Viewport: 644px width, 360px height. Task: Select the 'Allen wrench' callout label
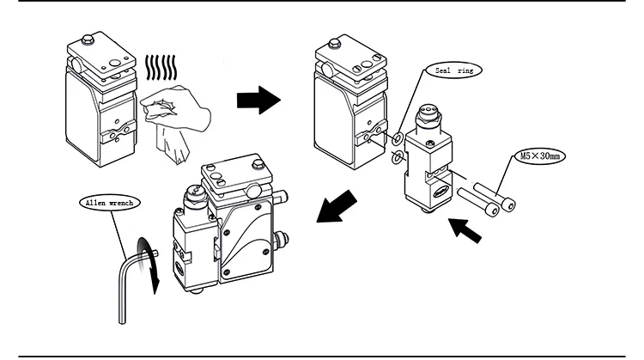pos(106,203)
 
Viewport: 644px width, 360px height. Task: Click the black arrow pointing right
pos(258,101)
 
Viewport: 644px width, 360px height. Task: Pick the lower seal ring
pos(398,156)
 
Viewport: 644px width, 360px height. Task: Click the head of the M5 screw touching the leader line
pos(510,203)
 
